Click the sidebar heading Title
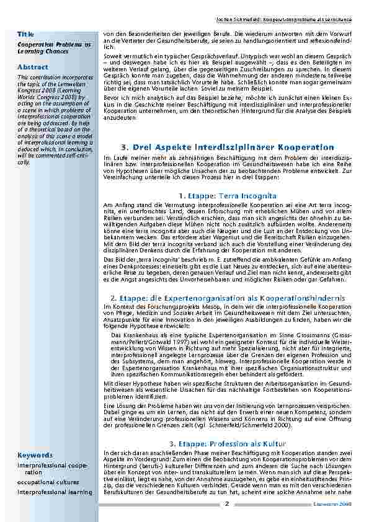[x=25, y=33]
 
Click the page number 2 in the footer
[x=226, y=504]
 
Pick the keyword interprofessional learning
[x=55, y=492]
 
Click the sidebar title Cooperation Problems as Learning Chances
[x=55, y=48]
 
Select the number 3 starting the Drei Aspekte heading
[x=125, y=147]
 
